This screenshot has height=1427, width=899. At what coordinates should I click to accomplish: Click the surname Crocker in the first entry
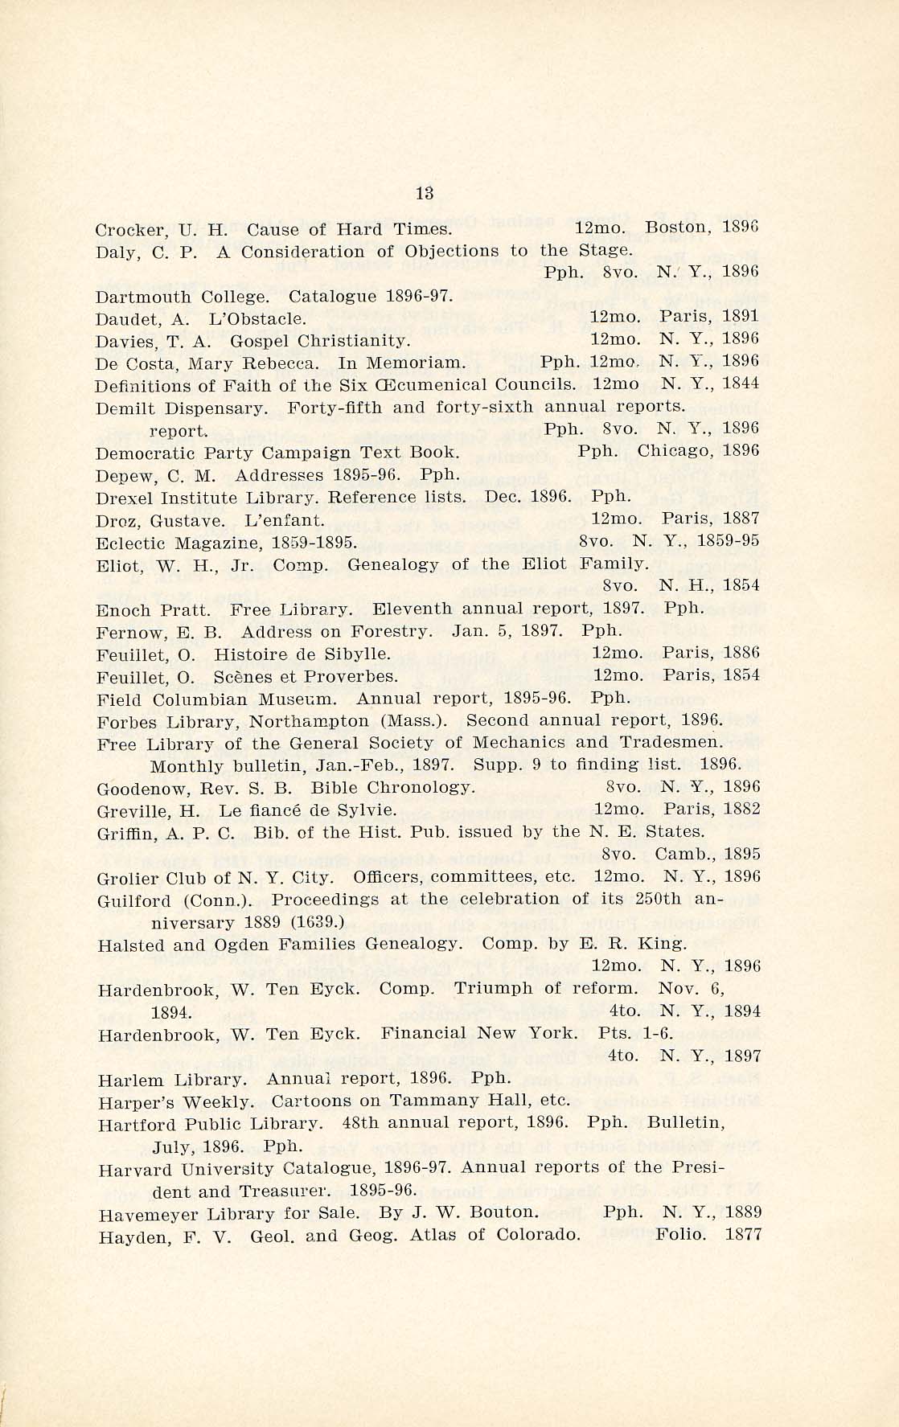coord(121,230)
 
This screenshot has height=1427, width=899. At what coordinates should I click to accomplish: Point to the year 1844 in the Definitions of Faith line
coord(740,383)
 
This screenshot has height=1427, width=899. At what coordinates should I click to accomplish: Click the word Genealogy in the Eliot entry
coord(393,564)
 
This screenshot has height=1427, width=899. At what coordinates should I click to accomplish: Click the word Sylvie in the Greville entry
coord(367,809)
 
